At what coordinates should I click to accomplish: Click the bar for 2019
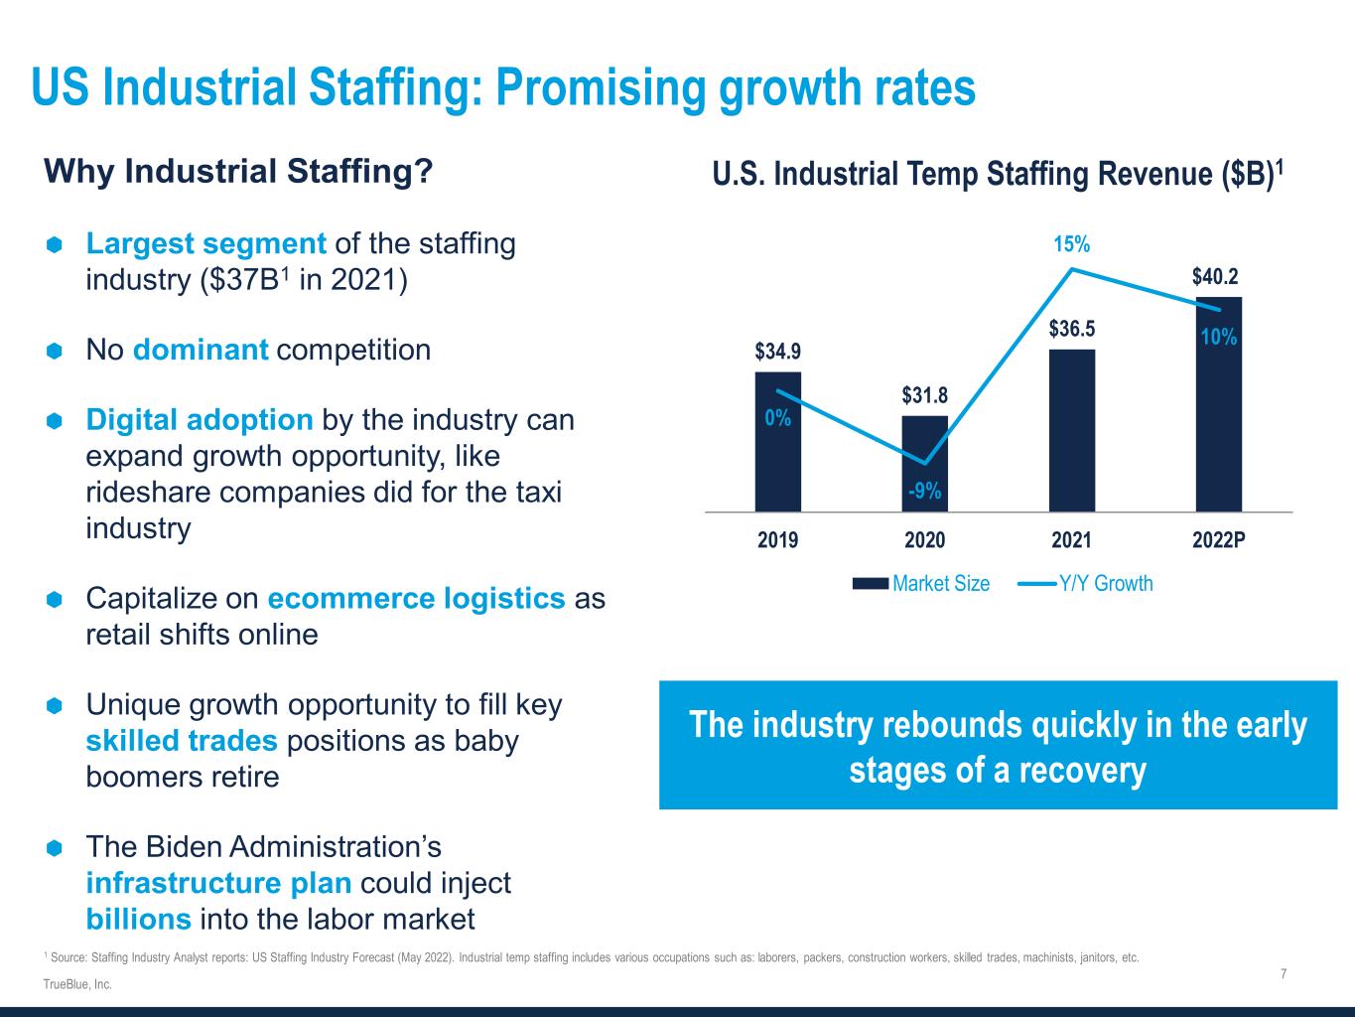click(777, 442)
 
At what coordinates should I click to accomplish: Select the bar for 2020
click(924, 464)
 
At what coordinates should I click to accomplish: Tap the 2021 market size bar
click(1071, 430)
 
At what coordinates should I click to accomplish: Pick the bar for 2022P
click(1218, 404)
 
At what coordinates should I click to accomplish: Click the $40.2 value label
click(1215, 275)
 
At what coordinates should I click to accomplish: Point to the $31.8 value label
click(925, 395)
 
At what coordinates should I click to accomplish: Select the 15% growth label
click(1072, 244)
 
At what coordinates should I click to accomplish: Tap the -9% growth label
click(924, 491)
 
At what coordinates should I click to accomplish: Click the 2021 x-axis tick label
click(1071, 540)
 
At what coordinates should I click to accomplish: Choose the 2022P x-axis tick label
click(1220, 540)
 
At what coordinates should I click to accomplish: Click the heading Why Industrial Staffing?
click(238, 172)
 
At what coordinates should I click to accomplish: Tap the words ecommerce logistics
click(416, 599)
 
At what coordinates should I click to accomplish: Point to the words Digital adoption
click(200, 420)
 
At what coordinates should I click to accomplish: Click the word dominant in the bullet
click(201, 350)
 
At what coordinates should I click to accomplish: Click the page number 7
click(1284, 974)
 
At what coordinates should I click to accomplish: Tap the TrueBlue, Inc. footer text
click(77, 984)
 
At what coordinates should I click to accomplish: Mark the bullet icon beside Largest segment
click(55, 244)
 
